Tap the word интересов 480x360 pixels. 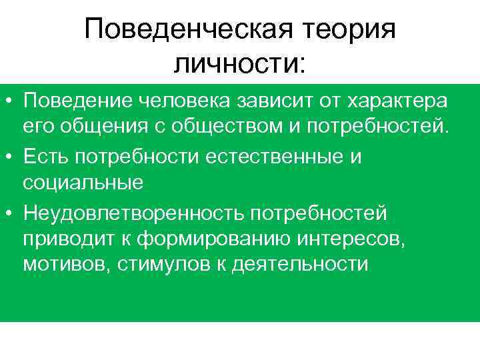click(x=349, y=237)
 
